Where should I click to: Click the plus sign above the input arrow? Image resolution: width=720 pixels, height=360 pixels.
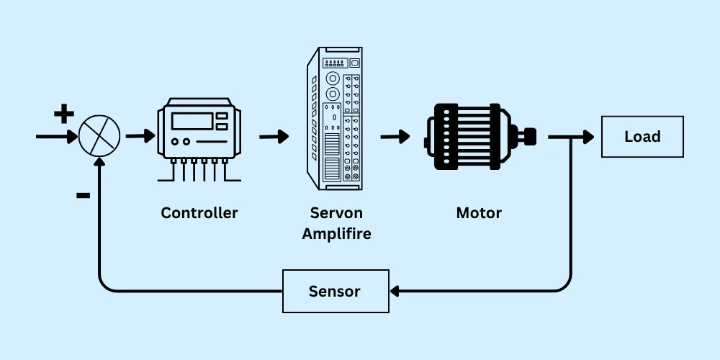[64, 113]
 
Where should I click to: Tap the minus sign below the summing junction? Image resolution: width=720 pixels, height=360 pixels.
[83, 195]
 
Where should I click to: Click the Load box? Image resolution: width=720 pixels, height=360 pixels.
[642, 137]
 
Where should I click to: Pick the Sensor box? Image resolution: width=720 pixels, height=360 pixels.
[336, 291]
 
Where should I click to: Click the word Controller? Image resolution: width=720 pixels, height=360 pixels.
[199, 212]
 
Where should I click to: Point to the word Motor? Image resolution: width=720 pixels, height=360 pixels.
[479, 212]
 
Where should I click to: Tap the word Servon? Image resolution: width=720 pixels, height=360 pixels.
[336, 212]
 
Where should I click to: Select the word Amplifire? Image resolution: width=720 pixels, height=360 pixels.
[336, 234]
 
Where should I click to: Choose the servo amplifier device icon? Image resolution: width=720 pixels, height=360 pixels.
[334, 118]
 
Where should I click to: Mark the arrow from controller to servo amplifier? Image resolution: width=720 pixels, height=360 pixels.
[274, 136]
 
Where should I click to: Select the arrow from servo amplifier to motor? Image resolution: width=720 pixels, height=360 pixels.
[395, 136]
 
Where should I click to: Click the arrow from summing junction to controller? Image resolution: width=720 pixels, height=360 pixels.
[140, 135]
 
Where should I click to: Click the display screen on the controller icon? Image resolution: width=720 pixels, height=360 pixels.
[191, 120]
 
